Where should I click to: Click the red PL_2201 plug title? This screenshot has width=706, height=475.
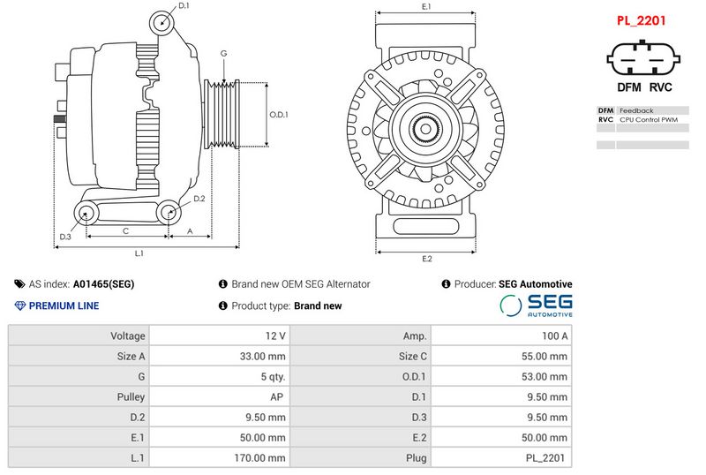pos(641,20)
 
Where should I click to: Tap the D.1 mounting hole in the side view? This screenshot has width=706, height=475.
pos(161,23)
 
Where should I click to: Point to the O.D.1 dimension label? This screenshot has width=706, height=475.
pos(279,115)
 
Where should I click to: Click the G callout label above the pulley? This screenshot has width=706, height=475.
pos(224,54)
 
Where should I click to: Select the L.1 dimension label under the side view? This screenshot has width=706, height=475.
pos(139,253)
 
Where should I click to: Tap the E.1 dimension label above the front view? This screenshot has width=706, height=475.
pos(426,6)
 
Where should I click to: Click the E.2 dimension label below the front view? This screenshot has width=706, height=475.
pos(427,259)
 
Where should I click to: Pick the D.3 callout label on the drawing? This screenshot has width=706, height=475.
pos(65,237)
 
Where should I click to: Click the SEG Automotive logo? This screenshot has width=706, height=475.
pos(537,305)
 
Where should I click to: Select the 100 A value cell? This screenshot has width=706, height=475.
pos(501,336)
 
